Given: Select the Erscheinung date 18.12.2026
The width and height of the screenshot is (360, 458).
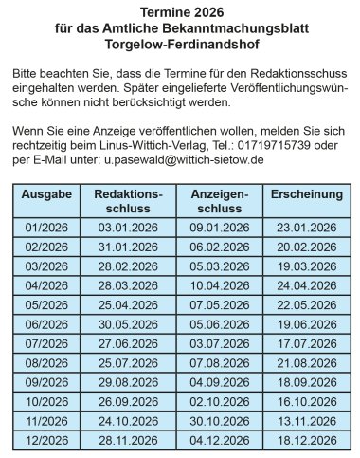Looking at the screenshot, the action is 306,440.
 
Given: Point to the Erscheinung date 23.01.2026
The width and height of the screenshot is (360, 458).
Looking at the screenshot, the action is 306,228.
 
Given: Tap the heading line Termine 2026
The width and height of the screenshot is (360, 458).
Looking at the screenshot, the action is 179,14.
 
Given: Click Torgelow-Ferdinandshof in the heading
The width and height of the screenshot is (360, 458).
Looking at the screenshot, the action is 179,45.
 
